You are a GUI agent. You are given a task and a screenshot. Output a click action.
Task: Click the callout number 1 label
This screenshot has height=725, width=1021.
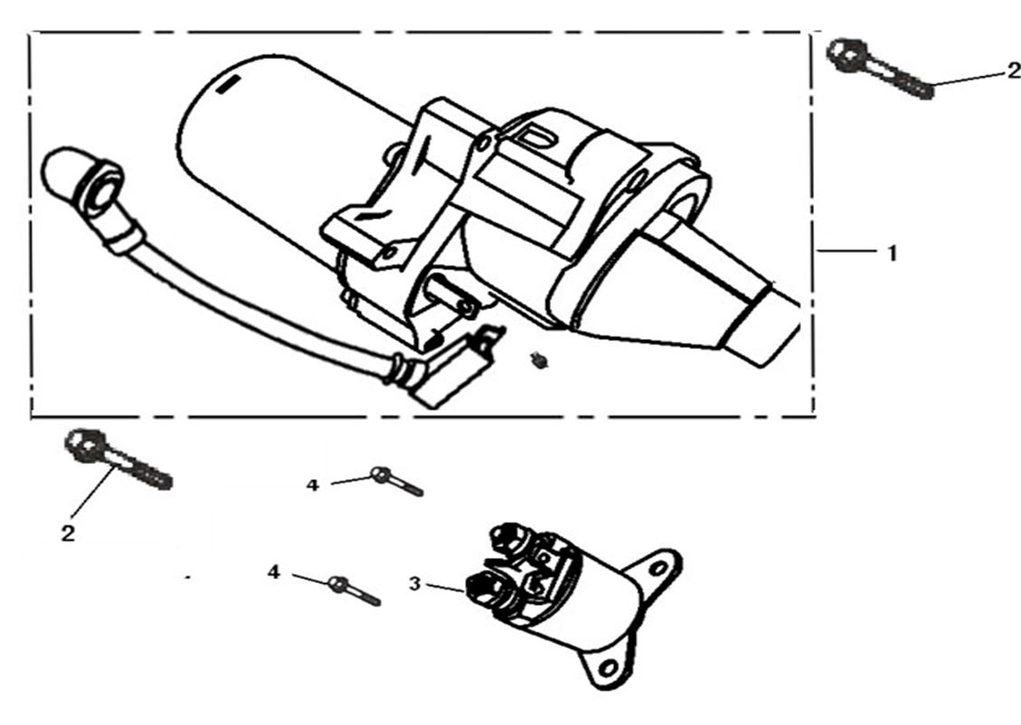(x=892, y=253)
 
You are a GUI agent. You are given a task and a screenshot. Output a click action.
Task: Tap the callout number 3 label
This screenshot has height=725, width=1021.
(x=415, y=584)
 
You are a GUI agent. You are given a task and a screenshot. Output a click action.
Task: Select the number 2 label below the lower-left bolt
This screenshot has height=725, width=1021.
(x=68, y=533)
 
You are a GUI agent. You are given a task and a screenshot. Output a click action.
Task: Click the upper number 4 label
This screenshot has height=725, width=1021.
(x=313, y=485)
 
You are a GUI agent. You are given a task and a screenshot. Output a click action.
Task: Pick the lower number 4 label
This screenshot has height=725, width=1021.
(x=274, y=572)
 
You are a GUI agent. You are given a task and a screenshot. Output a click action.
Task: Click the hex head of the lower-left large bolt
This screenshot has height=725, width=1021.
(x=84, y=445)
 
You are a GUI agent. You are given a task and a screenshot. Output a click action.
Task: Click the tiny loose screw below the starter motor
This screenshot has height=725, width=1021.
(x=538, y=360)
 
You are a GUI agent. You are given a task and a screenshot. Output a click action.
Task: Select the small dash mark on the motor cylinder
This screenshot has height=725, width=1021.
(x=228, y=85)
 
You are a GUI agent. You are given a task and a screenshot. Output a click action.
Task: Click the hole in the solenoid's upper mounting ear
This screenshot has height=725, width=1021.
(x=658, y=568)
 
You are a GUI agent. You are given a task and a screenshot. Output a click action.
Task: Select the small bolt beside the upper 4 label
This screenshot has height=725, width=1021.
(x=396, y=481)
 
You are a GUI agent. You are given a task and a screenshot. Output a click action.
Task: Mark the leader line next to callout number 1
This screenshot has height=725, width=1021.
(x=847, y=250)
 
